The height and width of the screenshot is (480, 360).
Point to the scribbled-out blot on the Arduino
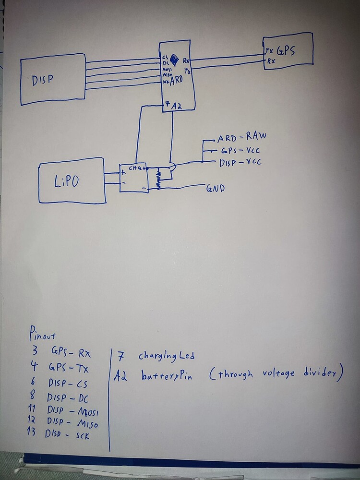point(174,58)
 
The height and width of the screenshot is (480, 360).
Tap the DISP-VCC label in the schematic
point(240,163)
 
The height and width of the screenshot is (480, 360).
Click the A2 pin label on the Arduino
point(176,106)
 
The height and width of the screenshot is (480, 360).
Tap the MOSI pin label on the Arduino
point(166,69)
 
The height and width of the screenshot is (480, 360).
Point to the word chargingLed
point(167,356)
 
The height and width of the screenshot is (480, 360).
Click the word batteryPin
point(167,376)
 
